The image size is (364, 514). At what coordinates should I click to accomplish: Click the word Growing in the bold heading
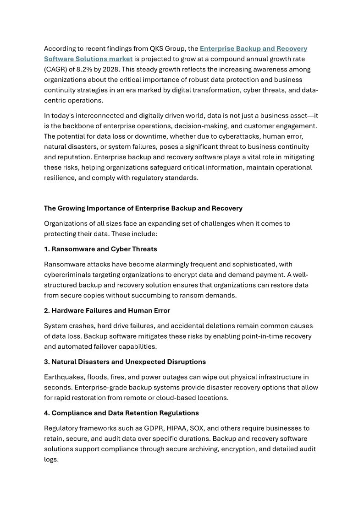pyautogui.click(x=72, y=208)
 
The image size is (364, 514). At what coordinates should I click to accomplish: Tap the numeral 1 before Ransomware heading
pyautogui.click(x=46, y=249)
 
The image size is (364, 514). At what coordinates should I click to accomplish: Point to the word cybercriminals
pyautogui.click(x=67, y=275)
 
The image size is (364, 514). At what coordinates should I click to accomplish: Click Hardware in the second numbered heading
pyautogui.click(x=67, y=311)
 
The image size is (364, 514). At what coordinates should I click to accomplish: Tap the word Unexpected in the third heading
pyautogui.click(x=148, y=362)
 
